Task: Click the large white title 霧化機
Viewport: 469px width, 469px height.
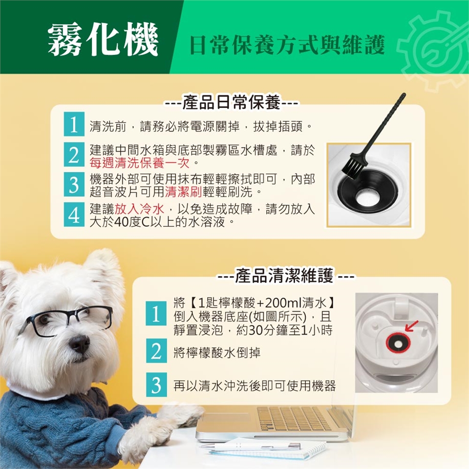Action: click(103, 39)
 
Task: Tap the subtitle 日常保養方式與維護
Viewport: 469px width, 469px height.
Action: click(287, 45)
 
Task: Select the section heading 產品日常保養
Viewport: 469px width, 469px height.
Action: click(231, 102)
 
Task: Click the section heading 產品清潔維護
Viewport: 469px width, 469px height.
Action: click(284, 275)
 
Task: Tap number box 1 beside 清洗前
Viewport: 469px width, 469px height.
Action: click(74, 124)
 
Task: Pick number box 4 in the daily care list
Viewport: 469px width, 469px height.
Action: click(74, 214)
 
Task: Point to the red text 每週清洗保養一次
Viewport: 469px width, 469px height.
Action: click(140, 163)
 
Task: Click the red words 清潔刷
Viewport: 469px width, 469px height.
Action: click(184, 192)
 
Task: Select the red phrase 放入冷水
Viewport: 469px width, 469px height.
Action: click(140, 209)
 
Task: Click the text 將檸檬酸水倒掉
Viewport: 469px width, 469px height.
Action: click(217, 353)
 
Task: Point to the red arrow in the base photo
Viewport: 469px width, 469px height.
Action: click(412, 326)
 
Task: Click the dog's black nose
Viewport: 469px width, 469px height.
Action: click(79, 343)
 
